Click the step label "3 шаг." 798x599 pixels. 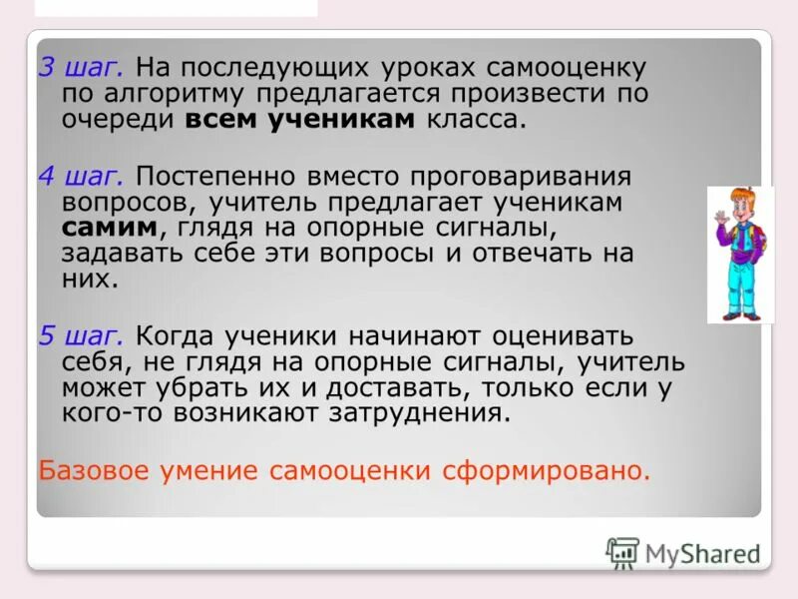click(81, 69)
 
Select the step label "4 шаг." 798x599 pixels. click(81, 177)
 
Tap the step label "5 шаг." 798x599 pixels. click(81, 335)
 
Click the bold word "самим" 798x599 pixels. click(108, 227)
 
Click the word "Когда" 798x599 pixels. click(176, 335)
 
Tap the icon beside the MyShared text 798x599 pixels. click(622, 552)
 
